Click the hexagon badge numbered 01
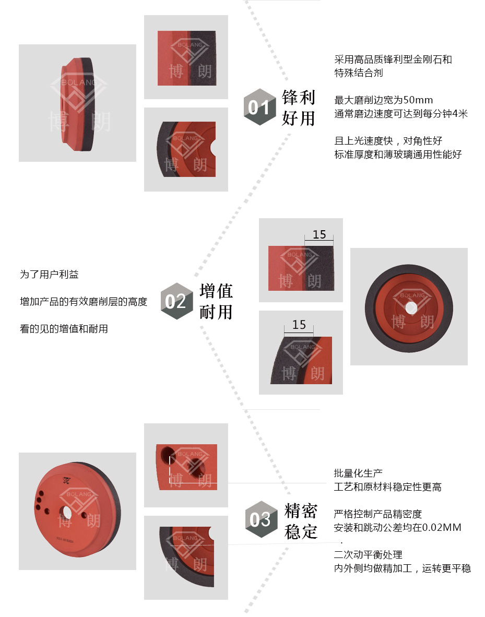(x=259, y=107)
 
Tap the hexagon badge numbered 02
(x=177, y=301)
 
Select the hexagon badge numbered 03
(x=262, y=519)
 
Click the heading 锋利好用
(x=299, y=108)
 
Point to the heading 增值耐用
(x=216, y=301)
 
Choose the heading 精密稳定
(x=301, y=521)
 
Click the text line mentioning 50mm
(x=383, y=100)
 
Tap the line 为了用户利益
(x=49, y=274)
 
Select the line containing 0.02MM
(x=397, y=527)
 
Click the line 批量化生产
(x=358, y=473)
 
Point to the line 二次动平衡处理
(x=368, y=554)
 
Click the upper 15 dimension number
(x=320, y=234)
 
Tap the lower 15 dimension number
(x=299, y=325)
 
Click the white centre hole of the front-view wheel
(x=411, y=307)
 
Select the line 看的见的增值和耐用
(x=64, y=328)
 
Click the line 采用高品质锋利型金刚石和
(x=393, y=60)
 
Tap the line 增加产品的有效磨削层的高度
(x=84, y=301)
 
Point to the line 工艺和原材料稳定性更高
(x=387, y=487)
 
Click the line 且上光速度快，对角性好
(x=388, y=141)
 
